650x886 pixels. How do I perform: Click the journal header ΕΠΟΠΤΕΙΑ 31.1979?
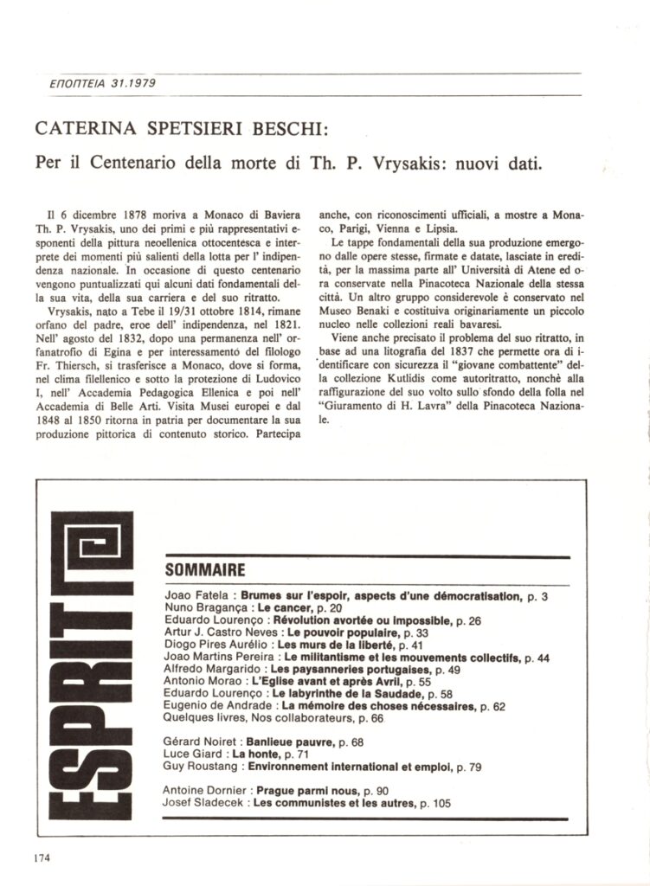pyautogui.click(x=81, y=84)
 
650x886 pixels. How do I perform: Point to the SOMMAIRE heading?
pyautogui.click(x=204, y=570)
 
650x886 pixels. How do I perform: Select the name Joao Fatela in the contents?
pyautogui.click(x=197, y=597)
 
